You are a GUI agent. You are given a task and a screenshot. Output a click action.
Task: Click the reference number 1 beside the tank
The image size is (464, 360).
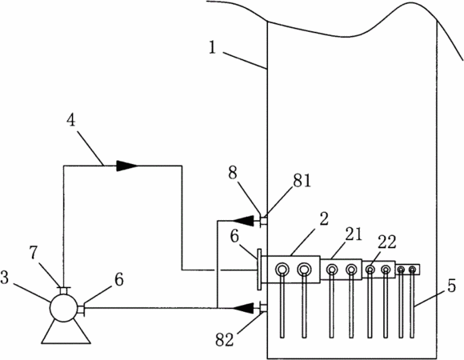213,48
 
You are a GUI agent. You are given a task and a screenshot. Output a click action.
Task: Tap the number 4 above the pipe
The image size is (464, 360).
71,120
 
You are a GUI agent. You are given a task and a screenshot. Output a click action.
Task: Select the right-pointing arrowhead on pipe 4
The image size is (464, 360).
127,166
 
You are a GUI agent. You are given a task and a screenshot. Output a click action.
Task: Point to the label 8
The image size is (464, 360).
233,173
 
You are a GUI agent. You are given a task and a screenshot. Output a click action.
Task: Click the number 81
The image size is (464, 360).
302,181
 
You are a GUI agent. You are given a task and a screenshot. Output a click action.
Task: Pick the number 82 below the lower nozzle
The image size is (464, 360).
224,339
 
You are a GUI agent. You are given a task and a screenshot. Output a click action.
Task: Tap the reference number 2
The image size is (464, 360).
324,219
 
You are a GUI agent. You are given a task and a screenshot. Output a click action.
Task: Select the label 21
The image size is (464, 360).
354,234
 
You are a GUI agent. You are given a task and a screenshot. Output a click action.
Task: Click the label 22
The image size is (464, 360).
386,242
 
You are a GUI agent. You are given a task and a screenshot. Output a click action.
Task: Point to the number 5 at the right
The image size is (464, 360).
451,286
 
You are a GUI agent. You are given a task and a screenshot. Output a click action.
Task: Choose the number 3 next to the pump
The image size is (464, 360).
5,278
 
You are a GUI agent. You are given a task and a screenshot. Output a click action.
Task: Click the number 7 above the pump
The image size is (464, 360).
34,253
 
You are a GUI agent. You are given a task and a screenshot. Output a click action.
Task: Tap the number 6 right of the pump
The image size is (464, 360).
118,279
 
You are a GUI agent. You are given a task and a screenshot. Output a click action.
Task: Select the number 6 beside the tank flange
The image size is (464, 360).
234,236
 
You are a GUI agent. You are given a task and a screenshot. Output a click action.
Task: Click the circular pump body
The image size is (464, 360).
64,308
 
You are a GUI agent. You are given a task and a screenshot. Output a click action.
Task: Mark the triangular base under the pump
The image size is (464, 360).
66,332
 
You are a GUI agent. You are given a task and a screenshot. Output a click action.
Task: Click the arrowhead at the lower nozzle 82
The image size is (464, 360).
242,308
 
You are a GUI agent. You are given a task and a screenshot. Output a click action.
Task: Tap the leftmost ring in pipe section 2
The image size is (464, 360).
281,269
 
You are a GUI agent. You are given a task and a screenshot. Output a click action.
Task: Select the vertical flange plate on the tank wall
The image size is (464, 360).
259,269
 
